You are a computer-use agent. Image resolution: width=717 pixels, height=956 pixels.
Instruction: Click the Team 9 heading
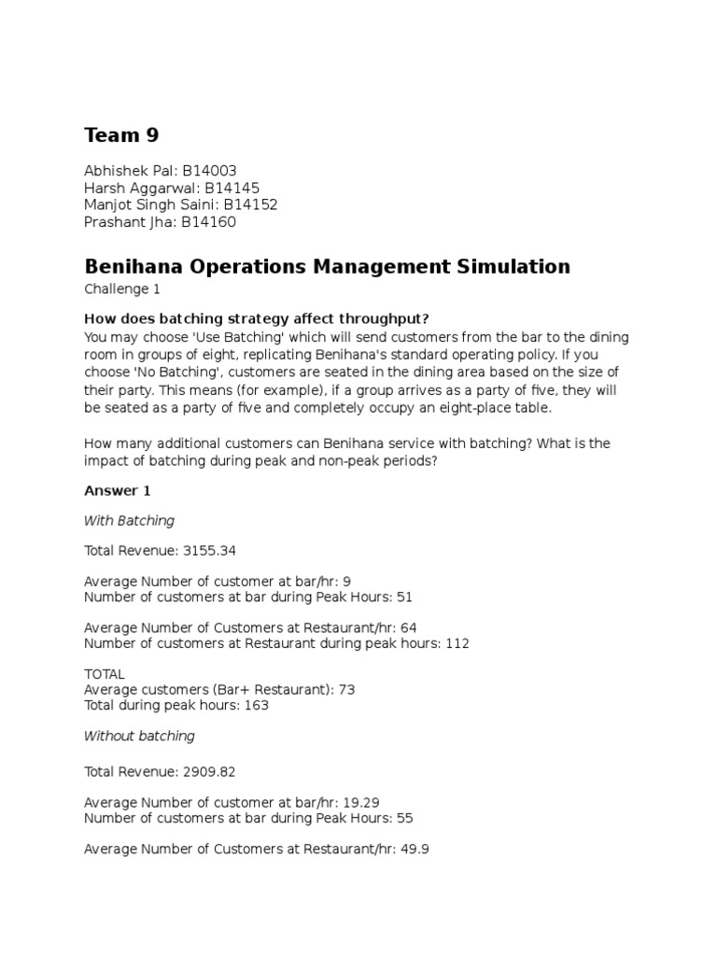tap(121, 135)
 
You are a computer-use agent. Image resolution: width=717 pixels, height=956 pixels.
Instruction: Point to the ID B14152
tap(249, 204)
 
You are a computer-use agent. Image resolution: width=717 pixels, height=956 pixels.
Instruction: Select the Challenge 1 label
tap(121, 289)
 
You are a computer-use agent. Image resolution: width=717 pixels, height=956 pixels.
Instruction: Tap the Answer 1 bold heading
tap(117, 490)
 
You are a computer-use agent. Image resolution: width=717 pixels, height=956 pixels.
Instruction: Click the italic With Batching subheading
tap(129, 520)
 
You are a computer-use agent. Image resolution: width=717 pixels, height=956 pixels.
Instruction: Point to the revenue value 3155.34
tap(220, 551)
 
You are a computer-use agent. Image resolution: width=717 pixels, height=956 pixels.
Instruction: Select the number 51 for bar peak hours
tap(404, 597)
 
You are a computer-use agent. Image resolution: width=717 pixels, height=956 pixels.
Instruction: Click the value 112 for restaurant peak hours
tap(457, 643)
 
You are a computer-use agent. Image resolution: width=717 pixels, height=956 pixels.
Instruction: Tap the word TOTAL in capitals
tap(105, 674)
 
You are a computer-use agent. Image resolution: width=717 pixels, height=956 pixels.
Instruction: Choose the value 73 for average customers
tap(345, 689)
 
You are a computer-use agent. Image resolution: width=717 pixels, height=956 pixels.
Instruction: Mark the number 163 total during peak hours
tap(255, 705)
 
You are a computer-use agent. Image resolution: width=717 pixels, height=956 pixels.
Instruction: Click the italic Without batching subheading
tap(139, 736)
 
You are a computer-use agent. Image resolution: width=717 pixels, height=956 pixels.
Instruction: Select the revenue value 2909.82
tap(220, 772)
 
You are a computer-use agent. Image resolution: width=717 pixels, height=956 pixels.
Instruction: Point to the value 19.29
tap(361, 802)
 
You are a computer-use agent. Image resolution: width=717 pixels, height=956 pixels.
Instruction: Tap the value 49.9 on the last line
tap(414, 850)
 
